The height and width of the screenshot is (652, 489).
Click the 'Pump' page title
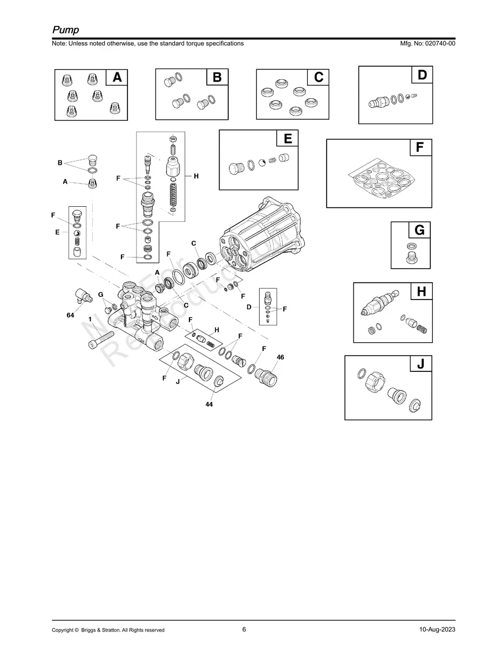65,30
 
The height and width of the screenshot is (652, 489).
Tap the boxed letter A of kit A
117,78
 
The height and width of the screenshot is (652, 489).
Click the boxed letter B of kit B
217,78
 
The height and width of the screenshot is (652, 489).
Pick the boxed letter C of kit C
318,78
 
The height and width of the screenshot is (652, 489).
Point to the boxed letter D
422,75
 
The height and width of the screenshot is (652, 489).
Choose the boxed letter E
287,139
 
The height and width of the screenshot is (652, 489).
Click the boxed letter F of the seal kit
420,147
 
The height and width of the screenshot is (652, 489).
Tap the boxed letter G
419,230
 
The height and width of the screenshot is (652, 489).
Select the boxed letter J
420,364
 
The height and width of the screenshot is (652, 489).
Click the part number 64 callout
70,315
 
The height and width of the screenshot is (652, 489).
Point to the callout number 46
280,357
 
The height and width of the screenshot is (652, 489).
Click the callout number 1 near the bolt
90,320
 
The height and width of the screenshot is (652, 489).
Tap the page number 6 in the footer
244,629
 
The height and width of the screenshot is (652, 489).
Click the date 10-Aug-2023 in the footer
437,630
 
